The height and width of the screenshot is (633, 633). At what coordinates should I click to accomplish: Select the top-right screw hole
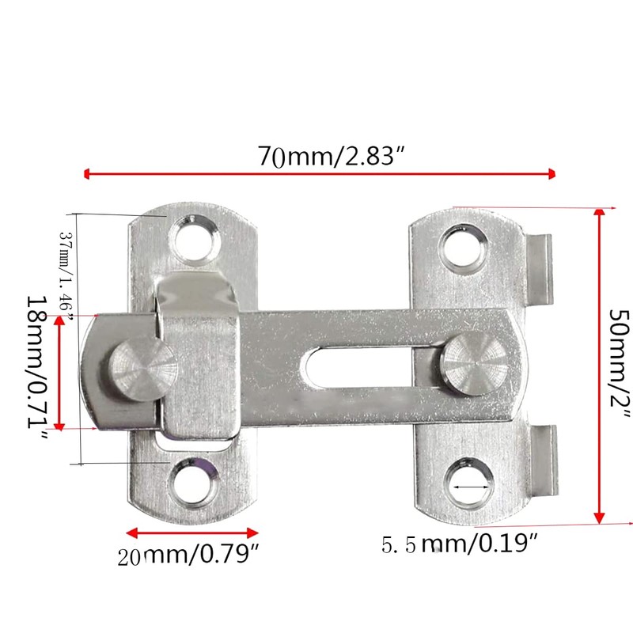coord(463,246)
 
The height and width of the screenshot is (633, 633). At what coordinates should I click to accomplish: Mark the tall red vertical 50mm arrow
coord(600,364)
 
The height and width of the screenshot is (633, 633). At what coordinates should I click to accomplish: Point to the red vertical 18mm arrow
coord(60,372)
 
